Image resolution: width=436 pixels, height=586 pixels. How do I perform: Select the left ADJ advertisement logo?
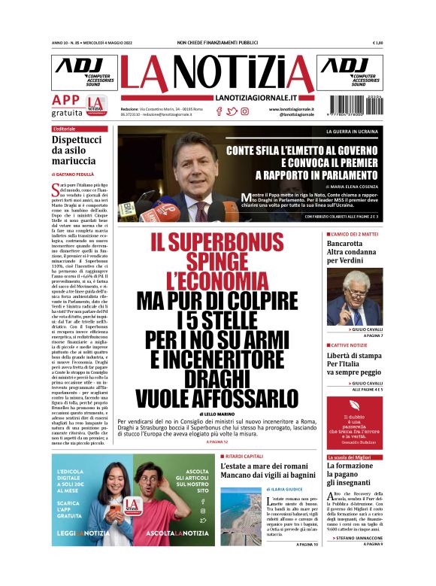click(84, 72)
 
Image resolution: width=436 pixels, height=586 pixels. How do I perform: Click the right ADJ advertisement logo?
click(350, 72)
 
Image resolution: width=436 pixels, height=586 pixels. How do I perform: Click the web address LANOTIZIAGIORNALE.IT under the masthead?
click(256, 98)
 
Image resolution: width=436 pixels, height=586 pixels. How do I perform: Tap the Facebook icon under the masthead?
click(219, 111)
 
